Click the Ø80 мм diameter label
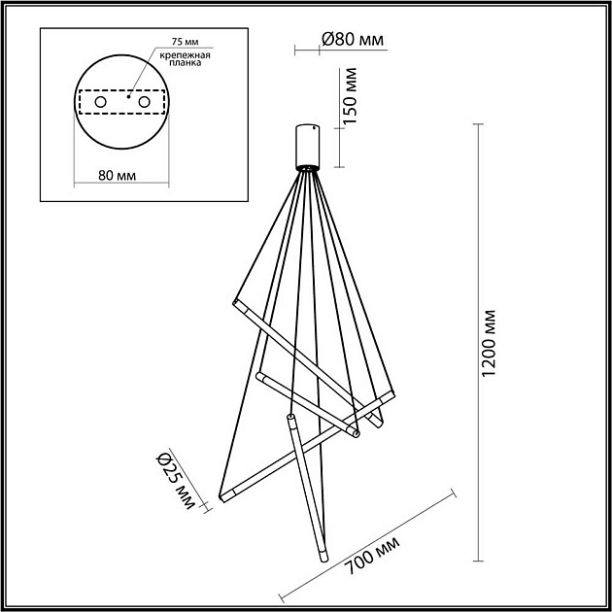pyautogui.click(x=353, y=40)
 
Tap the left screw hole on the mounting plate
pyautogui.click(x=100, y=101)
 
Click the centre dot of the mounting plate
pyautogui.click(x=127, y=97)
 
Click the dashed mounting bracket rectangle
pyautogui.click(x=122, y=102)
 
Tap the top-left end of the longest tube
pyautogui.click(x=234, y=305)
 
